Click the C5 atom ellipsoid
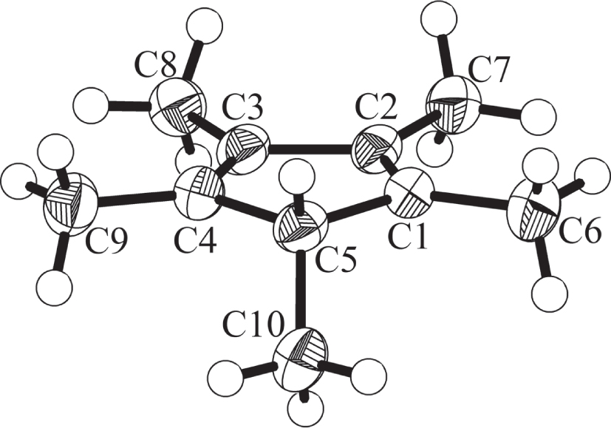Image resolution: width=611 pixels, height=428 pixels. (x=301, y=225)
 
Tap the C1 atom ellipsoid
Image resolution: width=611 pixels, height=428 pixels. (x=409, y=194)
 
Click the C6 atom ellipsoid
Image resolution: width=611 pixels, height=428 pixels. (x=534, y=211)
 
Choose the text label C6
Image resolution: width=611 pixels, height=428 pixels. (x=578, y=234)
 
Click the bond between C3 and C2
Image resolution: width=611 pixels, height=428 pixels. (x=310, y=149)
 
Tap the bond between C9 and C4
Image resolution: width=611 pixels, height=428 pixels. (x=137, y=197)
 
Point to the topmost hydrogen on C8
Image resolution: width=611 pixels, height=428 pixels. (x=205, y=27)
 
